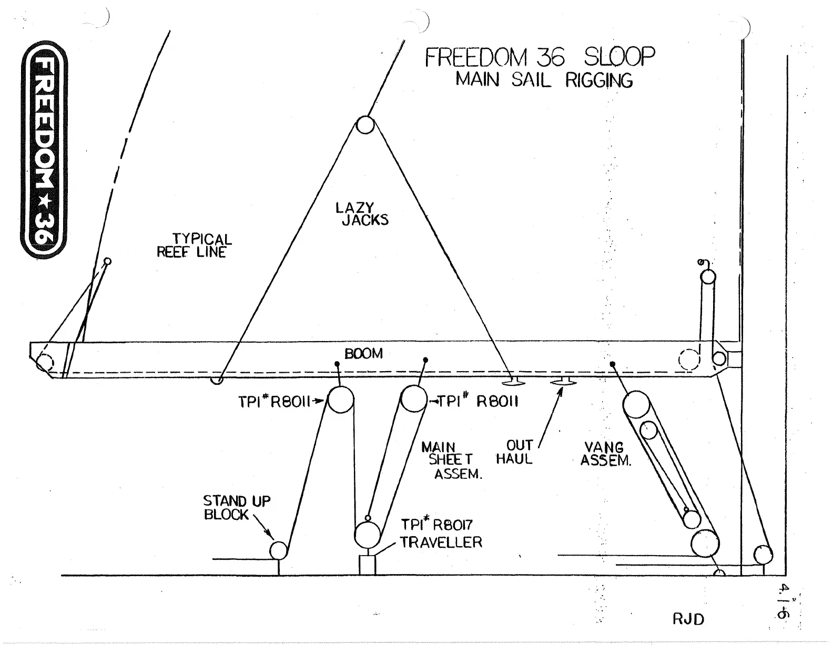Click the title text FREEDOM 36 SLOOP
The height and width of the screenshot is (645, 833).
[540, 57]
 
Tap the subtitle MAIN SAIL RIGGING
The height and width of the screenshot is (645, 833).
[544, 80]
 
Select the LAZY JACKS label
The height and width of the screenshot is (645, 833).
[362, 214]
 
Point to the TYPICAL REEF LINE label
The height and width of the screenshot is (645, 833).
[194, 245]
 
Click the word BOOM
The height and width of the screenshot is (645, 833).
[363, 353]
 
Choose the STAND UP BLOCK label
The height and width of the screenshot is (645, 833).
[237, 508]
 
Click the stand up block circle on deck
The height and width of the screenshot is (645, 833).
[278, 550]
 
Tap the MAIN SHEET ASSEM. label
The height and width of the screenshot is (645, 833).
[452, 460]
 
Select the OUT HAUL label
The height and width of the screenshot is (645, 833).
[515, 452]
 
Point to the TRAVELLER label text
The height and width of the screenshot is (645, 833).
[441, 542]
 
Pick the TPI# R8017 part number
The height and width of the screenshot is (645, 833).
[437, 525]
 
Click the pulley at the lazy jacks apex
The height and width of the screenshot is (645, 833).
[365, 126]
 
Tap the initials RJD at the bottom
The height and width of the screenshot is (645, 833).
[688, 619]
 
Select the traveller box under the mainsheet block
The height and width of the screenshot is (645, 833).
[367, 565]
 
